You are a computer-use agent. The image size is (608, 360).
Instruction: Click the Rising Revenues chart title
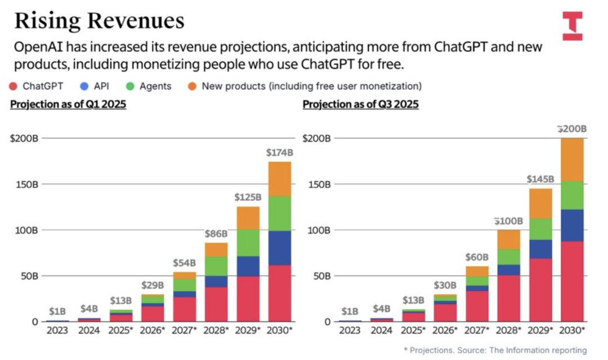click(x=99, y=21)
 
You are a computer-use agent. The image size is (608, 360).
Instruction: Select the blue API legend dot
click(x=83, y=86)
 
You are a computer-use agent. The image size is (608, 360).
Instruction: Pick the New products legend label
click(x=311, y=86)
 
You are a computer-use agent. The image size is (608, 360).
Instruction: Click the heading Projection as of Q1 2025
click(x=68, y=105)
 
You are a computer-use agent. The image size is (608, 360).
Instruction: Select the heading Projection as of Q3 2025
click(x=360, y=105)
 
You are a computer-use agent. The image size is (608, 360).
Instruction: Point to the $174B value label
click(x=280, y=152)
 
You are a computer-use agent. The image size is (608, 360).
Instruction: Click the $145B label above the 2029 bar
click(x=540, y=179)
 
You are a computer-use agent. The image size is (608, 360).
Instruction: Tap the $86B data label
click(x=216, y=233)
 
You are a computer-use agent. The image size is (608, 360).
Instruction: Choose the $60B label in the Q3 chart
click(x=477, y=257)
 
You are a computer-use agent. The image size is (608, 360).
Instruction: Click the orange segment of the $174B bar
click(x=280, y=179)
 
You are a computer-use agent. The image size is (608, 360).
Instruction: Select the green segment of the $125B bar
click(x=248, y=243)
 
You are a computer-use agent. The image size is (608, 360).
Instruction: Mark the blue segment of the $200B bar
click(x=572, y=225)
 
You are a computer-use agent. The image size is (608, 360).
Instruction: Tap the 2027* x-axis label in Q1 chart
click(x=184, y=330)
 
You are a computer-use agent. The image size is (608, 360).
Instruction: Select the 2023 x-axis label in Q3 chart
click(x=351, y=330)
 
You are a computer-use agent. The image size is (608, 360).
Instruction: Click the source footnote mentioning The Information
click(x=495, y=350)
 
